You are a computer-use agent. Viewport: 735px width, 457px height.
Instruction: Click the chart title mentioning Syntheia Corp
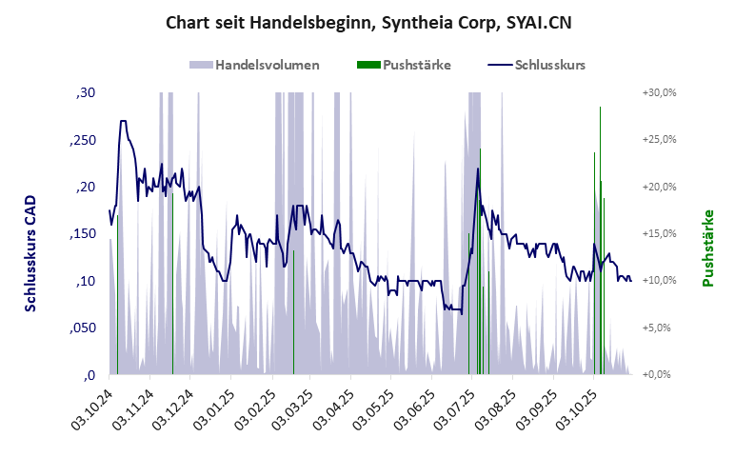368,21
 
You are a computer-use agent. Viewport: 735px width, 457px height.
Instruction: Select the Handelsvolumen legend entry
254,65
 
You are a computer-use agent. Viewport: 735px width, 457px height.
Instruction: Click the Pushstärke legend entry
404,65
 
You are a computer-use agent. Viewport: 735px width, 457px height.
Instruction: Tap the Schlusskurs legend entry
537,65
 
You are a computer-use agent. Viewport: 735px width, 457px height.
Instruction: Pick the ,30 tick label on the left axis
85,92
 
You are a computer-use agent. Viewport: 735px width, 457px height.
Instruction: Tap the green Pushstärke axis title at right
708,248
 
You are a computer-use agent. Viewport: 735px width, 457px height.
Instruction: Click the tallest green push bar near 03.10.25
600,238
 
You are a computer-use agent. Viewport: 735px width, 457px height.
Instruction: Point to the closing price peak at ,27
123,122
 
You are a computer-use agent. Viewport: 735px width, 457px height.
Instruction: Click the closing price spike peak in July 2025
478,169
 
